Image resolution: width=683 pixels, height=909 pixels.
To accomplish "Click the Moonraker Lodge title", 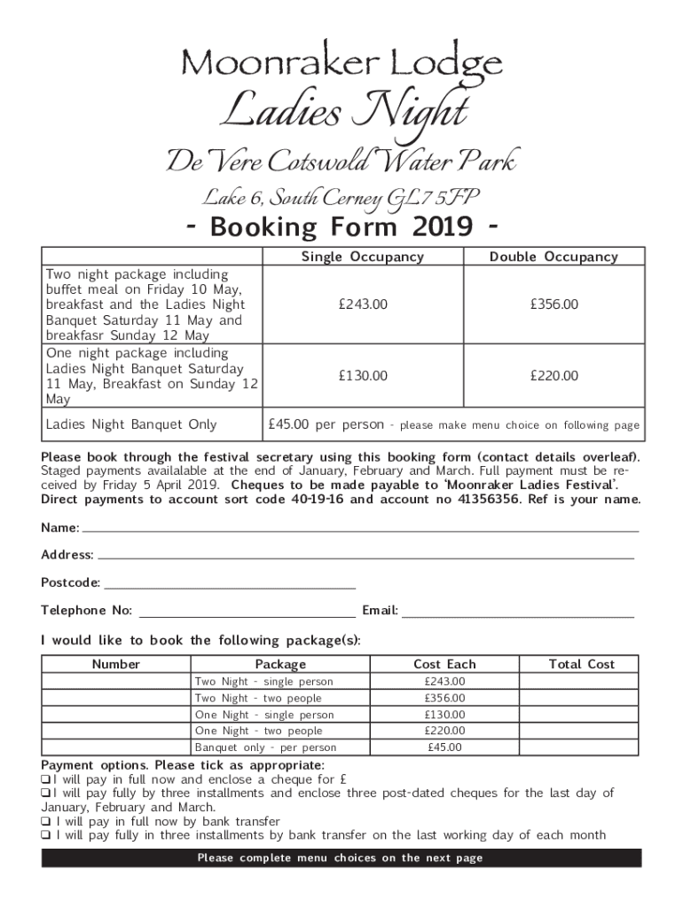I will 341,63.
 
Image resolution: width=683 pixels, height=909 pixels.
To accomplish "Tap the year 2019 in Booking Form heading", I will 442,228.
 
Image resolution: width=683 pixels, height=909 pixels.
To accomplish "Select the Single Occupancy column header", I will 363,257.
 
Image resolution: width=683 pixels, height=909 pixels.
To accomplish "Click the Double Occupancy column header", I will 553,257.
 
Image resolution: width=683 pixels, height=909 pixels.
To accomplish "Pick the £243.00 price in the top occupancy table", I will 363,304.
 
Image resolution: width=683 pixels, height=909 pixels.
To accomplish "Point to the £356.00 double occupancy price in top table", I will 553,304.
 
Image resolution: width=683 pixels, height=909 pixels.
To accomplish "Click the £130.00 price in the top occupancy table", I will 363,375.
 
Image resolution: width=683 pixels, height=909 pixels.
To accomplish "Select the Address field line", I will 365,557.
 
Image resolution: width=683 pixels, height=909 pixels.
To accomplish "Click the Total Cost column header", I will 581,664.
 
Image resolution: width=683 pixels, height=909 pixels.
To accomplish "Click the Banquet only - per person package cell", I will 265,747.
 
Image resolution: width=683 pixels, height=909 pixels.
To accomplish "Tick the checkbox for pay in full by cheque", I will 45,779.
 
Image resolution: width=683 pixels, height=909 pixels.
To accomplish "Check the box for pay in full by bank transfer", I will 45,821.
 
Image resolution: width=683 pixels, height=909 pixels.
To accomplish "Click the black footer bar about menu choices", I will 341,858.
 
